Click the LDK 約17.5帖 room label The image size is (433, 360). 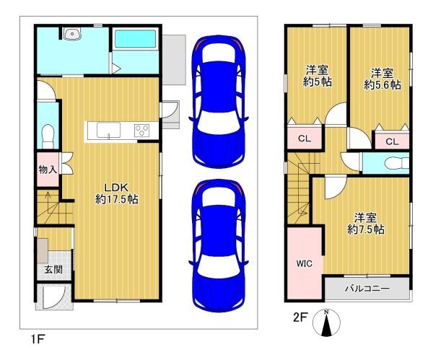pos(117,193)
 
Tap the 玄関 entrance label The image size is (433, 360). pos(53,269)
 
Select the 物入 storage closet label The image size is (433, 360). pos(48,170)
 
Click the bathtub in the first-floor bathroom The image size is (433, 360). pos(135,39)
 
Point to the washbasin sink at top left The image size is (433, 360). pos(72,34)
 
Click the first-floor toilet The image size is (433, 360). pos(48,136)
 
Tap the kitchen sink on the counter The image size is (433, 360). pos(108,130)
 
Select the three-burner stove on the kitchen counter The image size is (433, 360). pos(141,131)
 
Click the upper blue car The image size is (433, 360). pos(218,101)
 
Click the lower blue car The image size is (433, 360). pos(218,245)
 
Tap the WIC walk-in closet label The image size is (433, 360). pos(305,263)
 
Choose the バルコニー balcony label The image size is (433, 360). pos(367,289)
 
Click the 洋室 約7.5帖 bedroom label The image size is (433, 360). pos(366,224)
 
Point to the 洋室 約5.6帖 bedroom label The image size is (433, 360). pos(382,79)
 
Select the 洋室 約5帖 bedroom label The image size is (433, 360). pos(317,76)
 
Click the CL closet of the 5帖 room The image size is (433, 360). pos(305,139)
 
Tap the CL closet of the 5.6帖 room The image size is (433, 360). pos(392,141)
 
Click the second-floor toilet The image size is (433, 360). pos(397,163)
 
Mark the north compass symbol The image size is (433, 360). pos(326,322)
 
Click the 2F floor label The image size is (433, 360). pos(300,317)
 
